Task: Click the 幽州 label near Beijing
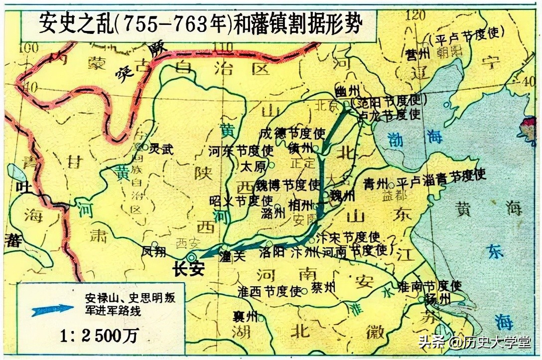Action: [347, 91]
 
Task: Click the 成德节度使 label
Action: [292, 133]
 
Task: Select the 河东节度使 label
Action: [241, 150]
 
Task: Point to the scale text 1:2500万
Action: [98, 337]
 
